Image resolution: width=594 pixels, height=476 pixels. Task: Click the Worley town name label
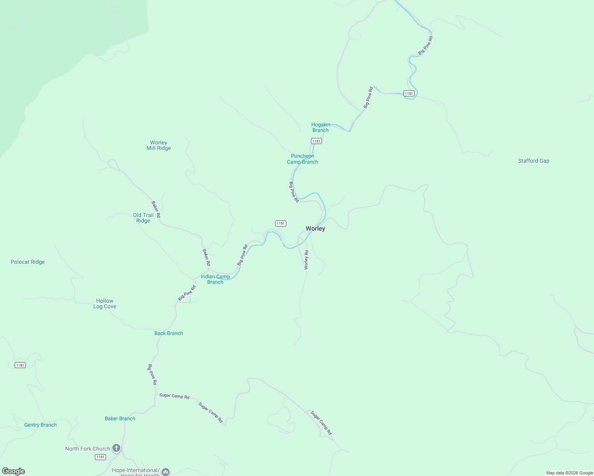pyautogui.click(x=315, y=228)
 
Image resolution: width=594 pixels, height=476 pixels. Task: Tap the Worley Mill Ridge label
pyautogui.click(x=159, y=145)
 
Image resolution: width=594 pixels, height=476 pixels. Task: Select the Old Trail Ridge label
pyautogui.click(x=143, y=218)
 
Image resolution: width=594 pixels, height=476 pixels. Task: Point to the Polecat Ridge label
pyautogui.click(x=28, y=262)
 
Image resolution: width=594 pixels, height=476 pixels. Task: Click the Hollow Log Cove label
pyautogui.click(x=105, y=303)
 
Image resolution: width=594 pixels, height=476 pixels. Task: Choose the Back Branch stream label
pyautogui.click(x=169, y=333)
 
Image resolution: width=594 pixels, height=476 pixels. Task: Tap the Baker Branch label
pyautogui.click(x=120, y=418)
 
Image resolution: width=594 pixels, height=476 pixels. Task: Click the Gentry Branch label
pyautogui.click(x=40, y=425)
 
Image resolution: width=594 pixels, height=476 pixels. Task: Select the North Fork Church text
pyautogui.click(x=88, y=449)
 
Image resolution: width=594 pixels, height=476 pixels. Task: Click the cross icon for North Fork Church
pyautogui.click(x=116, y=448)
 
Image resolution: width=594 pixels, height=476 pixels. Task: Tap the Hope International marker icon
pyautogui.click(x=166, y=472)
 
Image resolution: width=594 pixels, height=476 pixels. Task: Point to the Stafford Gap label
pyautogui.click(x=534, y=161)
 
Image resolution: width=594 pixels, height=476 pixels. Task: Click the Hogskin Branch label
pyautogui.click(x=320, y=127)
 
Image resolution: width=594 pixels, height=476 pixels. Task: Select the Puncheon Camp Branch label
pyautogui.click(x=303, y=159)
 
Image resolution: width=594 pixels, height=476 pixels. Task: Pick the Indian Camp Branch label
pyautogui.click(x=215, y=279)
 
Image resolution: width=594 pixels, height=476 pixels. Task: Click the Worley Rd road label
pyautogui.click(x=306, y=260)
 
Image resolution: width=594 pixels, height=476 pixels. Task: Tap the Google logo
pyautogui.click(x=13, y=471)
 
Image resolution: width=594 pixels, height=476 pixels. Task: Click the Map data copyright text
pyautogui.click(x=569, y=473)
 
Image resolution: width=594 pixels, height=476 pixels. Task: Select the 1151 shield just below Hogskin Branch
pyautogui.click(x=316, y=141)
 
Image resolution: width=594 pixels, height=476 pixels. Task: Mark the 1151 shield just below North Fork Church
pyautogui.click(x=100, y=457)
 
